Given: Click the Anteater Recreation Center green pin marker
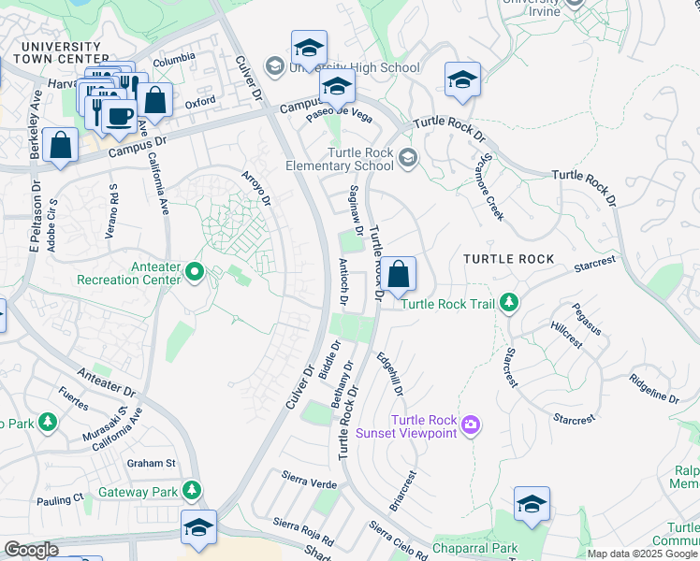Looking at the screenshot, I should (x=195, y=272).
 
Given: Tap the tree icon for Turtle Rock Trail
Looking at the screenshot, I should (x=508, y=303).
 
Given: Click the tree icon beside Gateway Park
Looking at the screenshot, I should (x=191, y=490).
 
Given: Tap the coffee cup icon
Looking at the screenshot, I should (x=119, y=116).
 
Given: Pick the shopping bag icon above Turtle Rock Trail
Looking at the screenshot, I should (x=398, y=275).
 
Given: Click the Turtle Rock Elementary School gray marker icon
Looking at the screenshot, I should (x=406, y=157).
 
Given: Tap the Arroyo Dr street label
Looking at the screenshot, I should (x=255, y=188).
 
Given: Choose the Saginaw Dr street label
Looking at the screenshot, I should (x=356, y=209).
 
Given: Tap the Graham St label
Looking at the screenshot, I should (x=152, y=463).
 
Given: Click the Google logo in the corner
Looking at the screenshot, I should (x=32, y=550).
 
